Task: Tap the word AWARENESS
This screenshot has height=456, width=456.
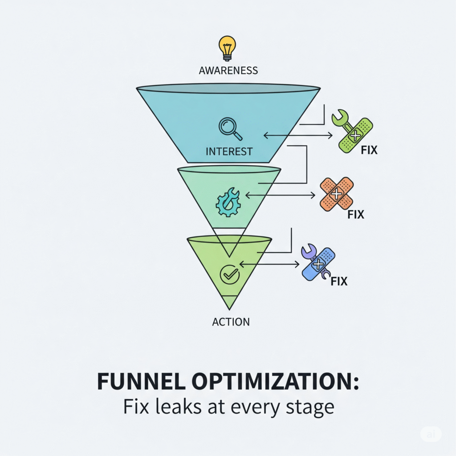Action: point(228,70)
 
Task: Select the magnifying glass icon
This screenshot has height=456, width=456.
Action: point(230,128)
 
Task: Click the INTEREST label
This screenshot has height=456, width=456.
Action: point(229,151)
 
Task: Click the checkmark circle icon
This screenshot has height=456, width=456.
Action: point(230,275)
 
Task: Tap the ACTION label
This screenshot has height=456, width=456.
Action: point(231,321)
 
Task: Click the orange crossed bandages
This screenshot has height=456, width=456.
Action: point(337,194)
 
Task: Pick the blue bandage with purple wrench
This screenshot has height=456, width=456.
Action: point(318,264)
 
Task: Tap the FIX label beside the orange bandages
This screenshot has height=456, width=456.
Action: point(355,215)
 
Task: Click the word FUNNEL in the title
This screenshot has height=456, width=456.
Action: point(139,382)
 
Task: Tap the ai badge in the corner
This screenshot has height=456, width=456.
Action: point(431,434)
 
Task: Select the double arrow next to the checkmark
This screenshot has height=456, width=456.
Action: point(269,265)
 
